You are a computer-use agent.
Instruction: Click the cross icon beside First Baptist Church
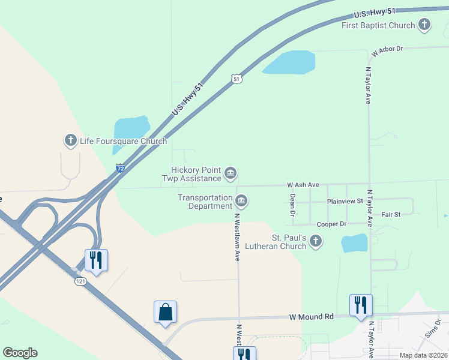[x=424, y=25]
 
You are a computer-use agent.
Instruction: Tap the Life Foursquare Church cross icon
[x=70, y=141]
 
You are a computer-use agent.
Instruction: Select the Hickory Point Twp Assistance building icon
[x=230, y=174]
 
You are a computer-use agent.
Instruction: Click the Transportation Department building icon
[x=241, y=200]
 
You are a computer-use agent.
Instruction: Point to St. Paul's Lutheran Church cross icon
[x=316, y=242]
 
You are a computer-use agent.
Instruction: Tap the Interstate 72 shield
[x=121, y=169]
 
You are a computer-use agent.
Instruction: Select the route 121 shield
[x=81, y=281]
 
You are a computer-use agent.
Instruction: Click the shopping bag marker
[x=165, y=312]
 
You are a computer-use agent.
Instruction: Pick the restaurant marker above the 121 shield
[x=96, y=260]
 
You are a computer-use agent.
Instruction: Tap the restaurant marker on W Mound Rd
[x=361, y=305]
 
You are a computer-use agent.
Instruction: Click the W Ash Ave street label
[x=303, y=185]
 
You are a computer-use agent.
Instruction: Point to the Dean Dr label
[x=293, y=205]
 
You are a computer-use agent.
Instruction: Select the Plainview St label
[x=345, y=202]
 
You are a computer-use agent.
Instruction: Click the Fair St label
[x=391, y=214]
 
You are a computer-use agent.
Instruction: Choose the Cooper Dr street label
[x=332, y=224]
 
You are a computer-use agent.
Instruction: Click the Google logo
[x=20, y=353]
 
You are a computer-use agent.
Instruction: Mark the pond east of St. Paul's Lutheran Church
[x=354, y=243]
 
